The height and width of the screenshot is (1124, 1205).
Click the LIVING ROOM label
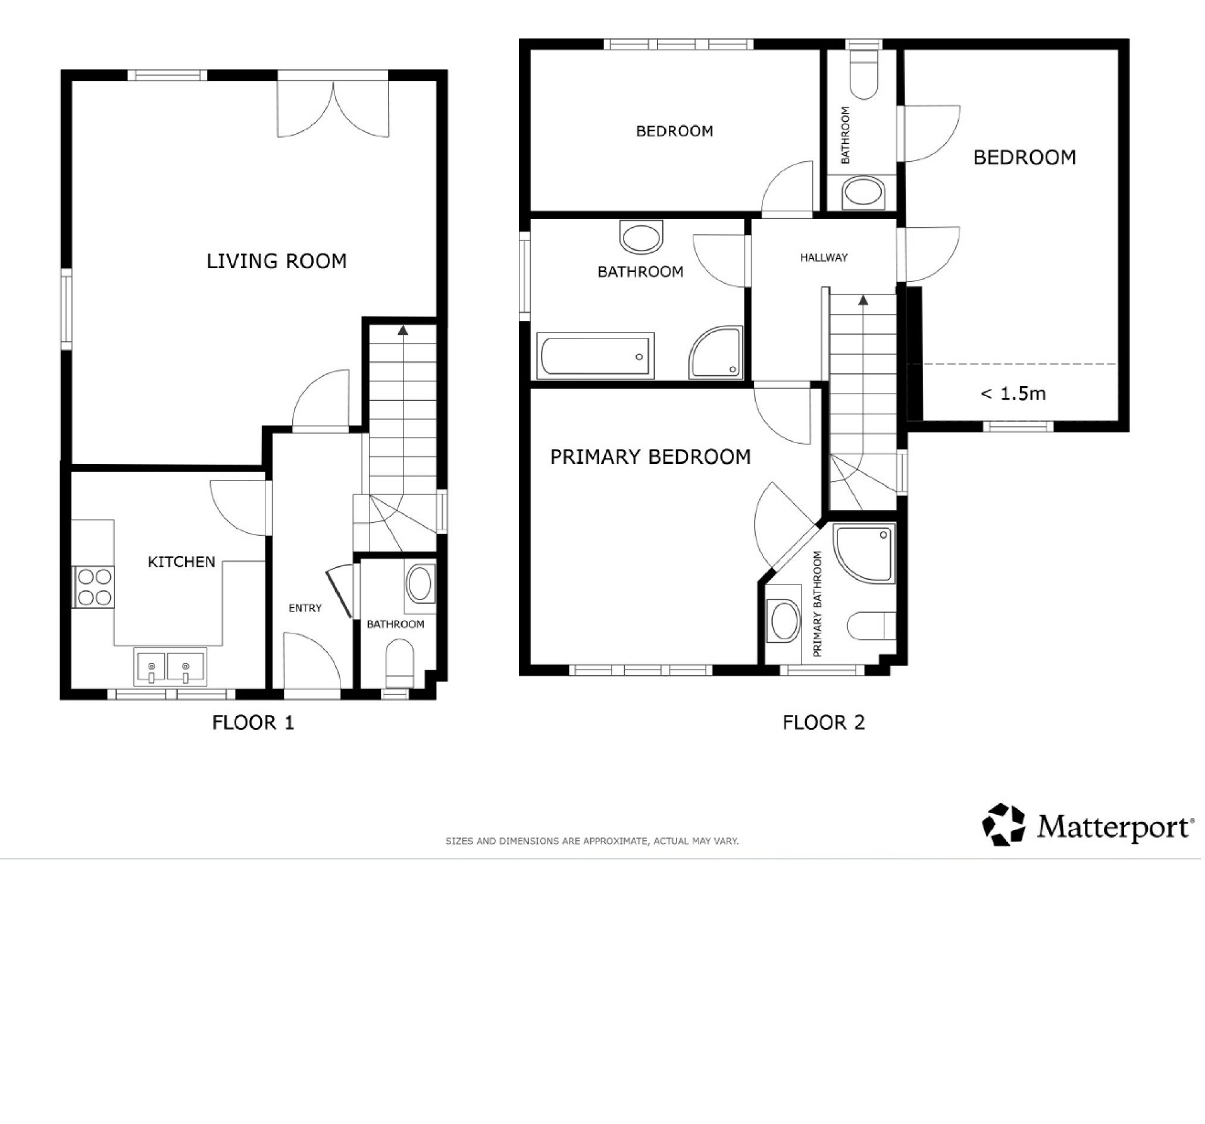(x=277, y=261)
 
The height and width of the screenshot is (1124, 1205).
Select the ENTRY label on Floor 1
(x=305, y=608)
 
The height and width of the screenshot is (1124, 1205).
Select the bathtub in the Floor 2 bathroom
(x=596, y=356)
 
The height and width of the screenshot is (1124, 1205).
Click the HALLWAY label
(x=824, y=258)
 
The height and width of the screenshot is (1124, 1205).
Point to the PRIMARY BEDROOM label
(x=651, y=457)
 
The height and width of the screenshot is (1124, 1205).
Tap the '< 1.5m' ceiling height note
(x=1013, y=394)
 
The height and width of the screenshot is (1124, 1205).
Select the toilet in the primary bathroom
(x=872, y=626)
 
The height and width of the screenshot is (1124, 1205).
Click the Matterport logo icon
(x=1004, y=825)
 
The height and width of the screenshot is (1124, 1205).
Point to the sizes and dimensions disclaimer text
(x=592, y=842)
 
